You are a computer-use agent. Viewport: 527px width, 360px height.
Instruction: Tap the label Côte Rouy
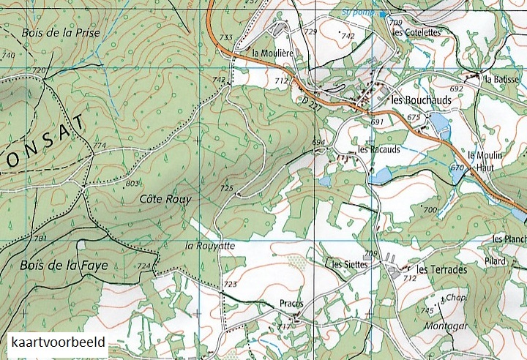(165, 198)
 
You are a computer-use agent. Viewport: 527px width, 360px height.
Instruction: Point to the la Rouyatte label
(210, 246)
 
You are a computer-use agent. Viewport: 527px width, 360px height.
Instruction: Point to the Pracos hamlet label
(291, 303)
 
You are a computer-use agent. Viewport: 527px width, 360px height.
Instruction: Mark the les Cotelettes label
(416, 32)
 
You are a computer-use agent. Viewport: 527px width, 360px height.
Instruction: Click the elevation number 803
(132, 183)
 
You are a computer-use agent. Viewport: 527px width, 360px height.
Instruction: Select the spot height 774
(100, 146)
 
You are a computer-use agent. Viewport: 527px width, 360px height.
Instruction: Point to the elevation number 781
(40, 239)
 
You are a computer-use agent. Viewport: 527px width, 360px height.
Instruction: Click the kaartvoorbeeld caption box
(59, 342)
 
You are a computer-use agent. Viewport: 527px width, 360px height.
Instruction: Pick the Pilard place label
(495, 259)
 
